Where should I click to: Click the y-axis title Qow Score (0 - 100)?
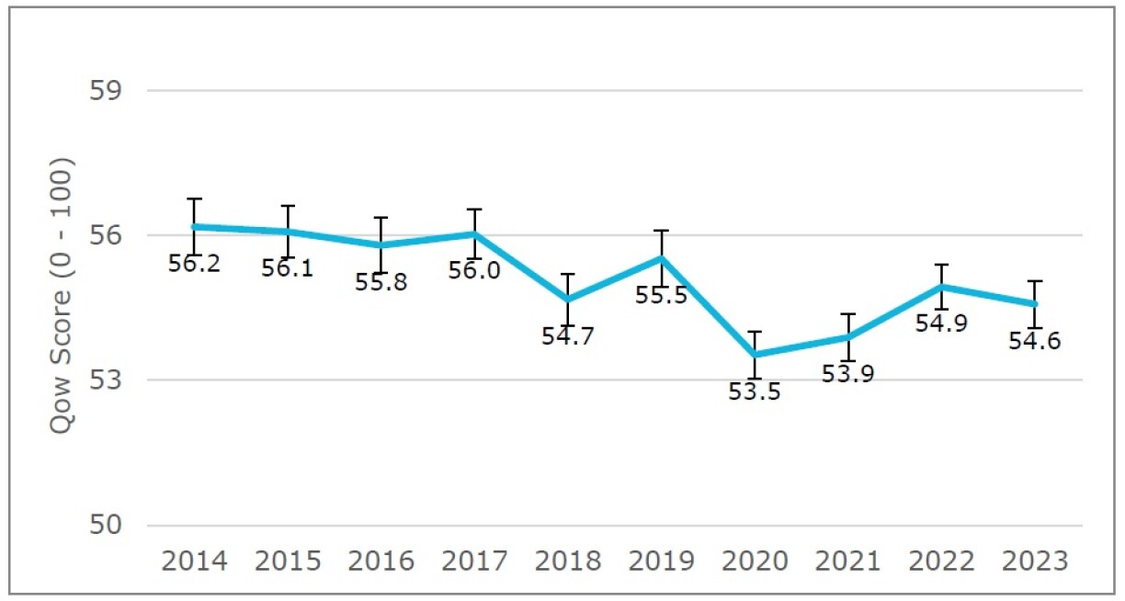[x=62, y=297]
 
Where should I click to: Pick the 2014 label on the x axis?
[x=194, y=561]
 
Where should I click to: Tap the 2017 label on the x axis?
[x=474, y=561]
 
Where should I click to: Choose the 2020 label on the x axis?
[x=755, y=561]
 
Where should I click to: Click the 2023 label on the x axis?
[x=1035, y=561]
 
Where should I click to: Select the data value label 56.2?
[x=194, y=265]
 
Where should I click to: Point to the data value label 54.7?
[x=568, y=336]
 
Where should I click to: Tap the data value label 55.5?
[x=661, y=297]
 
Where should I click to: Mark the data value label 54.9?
[x=941, y=324]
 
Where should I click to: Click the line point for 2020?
[x=755, y=355]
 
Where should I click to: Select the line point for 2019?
[x=661, y=258]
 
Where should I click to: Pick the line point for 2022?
[x=941, y=287]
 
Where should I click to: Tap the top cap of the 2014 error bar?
[x=194, y=198]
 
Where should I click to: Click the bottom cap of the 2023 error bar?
[x=1035, y=328]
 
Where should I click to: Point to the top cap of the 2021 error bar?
[x=848, y=314]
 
